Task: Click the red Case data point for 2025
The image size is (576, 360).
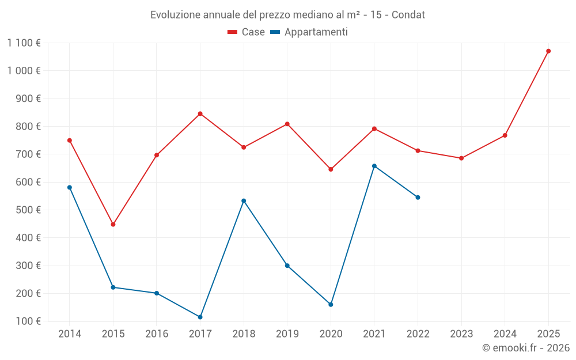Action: tap(548, 51)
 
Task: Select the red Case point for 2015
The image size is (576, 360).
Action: tap(113, 225)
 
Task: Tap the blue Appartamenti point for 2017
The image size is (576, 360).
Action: tap(200, 317)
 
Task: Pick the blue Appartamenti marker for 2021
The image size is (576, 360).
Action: tap(374, 166)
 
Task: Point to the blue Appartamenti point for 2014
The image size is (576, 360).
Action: tap(70, 187)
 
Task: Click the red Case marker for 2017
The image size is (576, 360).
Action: tap(200, 113)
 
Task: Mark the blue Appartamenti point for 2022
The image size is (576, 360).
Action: tap(418, 197)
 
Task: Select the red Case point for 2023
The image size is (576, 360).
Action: tap(461, 158)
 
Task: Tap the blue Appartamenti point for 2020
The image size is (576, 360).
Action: tap(331, 304)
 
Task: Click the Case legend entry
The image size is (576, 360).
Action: tap(247, 32)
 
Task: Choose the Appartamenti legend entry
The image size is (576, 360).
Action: tap(309, 32)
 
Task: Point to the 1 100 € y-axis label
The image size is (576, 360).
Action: tap(24, 43)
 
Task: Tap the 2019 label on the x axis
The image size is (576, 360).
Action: tap(287, 334)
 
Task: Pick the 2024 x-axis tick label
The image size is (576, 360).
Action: tap(505, 334)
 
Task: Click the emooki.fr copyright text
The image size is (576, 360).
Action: tap(525, 348)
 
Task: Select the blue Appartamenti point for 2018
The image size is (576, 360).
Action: tap(244, 200)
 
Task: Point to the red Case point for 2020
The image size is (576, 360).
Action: tap(331, 169)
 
